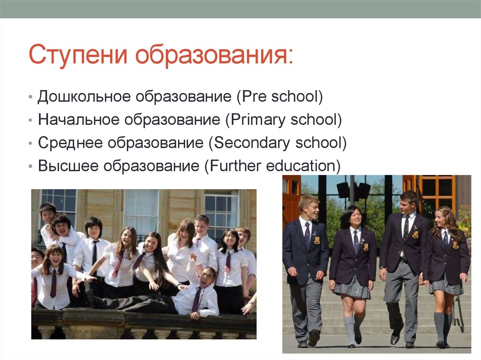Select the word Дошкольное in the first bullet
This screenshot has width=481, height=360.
(84, 97)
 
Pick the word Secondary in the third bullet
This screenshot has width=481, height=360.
(252, 143)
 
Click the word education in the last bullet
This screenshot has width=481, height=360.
(301, 166)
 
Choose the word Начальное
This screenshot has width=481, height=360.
(78, 120)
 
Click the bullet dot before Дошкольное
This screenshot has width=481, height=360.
(30, 97)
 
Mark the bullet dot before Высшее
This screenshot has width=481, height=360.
(30, 166)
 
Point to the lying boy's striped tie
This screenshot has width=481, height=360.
(196, 299)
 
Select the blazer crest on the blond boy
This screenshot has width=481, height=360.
(317, 240)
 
